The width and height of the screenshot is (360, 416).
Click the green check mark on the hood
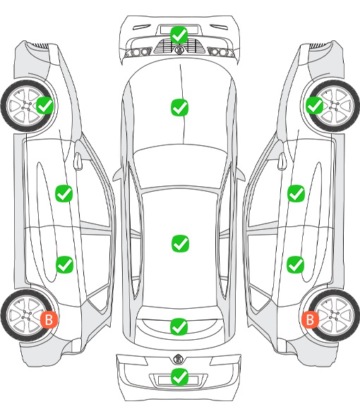(x=179, y=107)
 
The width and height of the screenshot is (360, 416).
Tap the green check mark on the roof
(x=181, y=243)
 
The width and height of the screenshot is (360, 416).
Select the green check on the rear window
(x=179, y=326)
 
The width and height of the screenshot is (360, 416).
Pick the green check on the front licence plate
(x=179, y=35)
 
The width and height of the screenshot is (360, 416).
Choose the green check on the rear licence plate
(x=179, y=377)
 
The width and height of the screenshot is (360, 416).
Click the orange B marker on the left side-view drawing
(x=49, y=319)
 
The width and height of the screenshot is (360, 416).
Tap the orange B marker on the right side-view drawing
(x=310, y=319)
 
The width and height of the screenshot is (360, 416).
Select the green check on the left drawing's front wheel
(x=44, y=105)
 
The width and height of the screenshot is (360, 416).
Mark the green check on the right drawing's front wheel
(x=315, y=105)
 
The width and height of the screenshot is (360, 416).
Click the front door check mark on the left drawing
(x=64, y=193)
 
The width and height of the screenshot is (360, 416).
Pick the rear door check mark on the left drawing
(x=64, y=264)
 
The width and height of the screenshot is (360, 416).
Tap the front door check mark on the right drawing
(x=296, y=193)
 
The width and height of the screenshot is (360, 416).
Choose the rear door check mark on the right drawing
(x=296, y=264)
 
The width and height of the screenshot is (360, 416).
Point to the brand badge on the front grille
(x=179, y=49)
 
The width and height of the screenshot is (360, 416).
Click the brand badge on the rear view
(x=178, y=359)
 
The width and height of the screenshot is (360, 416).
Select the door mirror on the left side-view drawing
(x=78, y=160)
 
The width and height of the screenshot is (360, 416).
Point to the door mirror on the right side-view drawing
(x=282, y=160)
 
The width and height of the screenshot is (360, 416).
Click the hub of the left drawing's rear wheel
(x=27, y=315)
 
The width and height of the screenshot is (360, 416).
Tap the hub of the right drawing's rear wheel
(x=333, y=315)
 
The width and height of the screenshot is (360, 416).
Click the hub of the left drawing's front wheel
(x=27, y=106)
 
